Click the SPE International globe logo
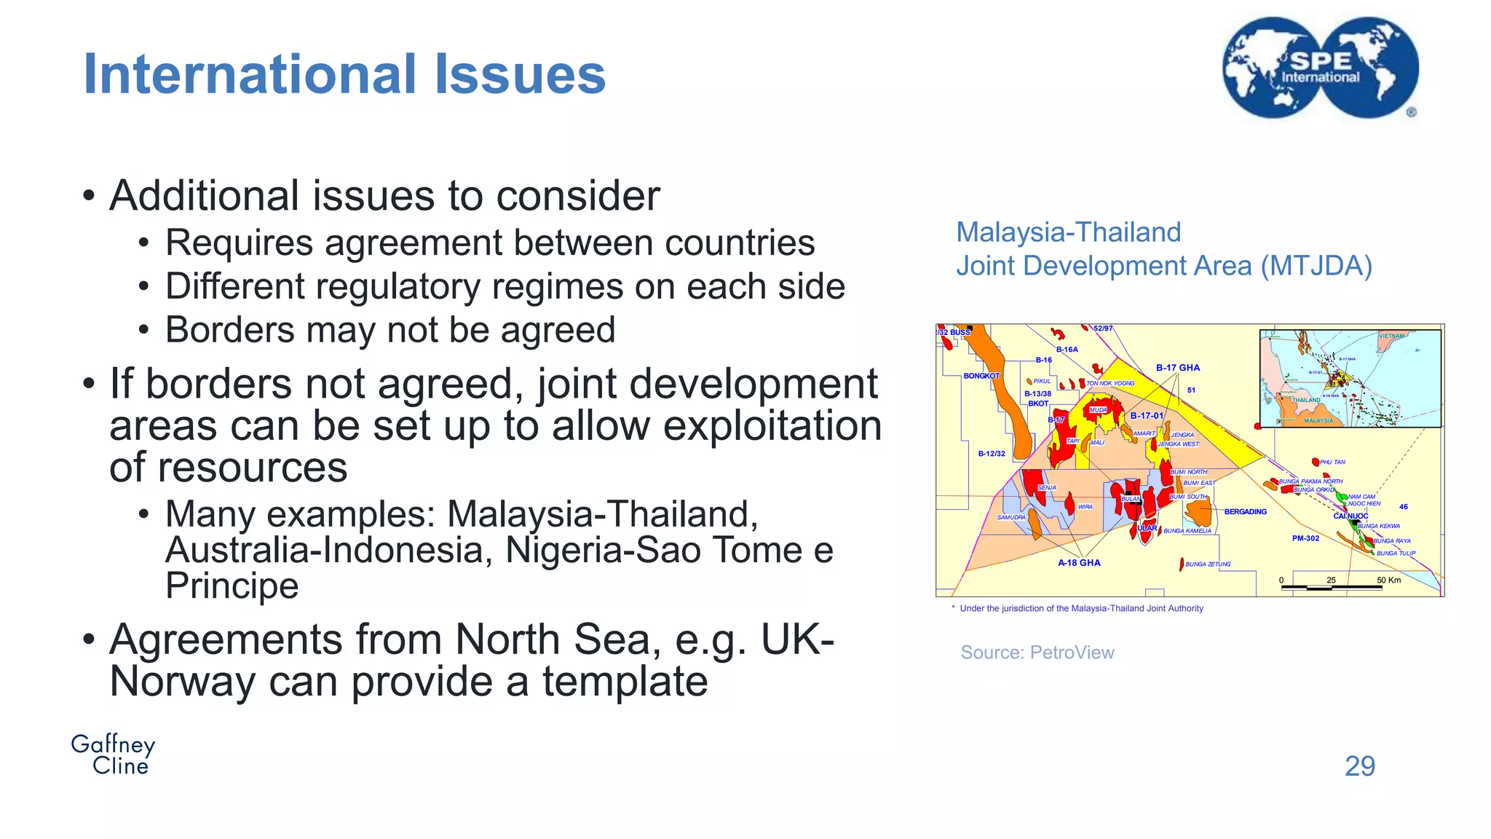(x=1321, y=68)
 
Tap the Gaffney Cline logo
(x=114, y=755)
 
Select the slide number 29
(x=1359, y=766)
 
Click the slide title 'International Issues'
(x=344, y=74)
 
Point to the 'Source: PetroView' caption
(x=1037, y=653)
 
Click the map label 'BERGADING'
(x=1245, y=512)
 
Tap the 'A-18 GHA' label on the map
(x=1079, y=563)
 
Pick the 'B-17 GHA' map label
(x=1178, y=368)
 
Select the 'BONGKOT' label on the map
(x=981, y=376)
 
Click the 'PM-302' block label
(x=1305, y=538)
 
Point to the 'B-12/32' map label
(x=992, y=454)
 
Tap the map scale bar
(x=1332, y=586)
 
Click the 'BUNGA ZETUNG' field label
(x=1208, y=564)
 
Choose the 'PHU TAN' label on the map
(x=1332, y=462)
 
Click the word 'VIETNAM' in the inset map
(x=1391, y=336)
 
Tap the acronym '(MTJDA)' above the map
(x=1316, y=266)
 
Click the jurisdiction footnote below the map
(x=1081, y=609)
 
